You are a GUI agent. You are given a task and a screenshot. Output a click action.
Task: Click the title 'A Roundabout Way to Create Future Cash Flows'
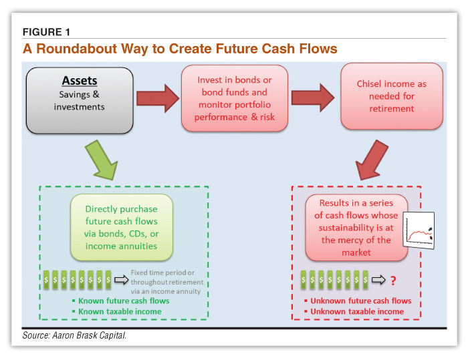(180, 49)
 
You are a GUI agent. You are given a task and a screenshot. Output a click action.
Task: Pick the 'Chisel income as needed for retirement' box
(392, 96)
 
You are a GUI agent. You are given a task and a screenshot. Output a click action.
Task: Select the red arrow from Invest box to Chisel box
(313, 99)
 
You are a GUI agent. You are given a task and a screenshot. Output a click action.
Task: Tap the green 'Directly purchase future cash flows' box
(121, 227)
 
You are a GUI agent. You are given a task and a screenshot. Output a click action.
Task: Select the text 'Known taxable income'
(118, 311)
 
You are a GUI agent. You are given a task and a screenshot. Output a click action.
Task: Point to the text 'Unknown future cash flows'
(360, 301)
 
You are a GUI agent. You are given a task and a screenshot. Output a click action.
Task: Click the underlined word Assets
(80, 81)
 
